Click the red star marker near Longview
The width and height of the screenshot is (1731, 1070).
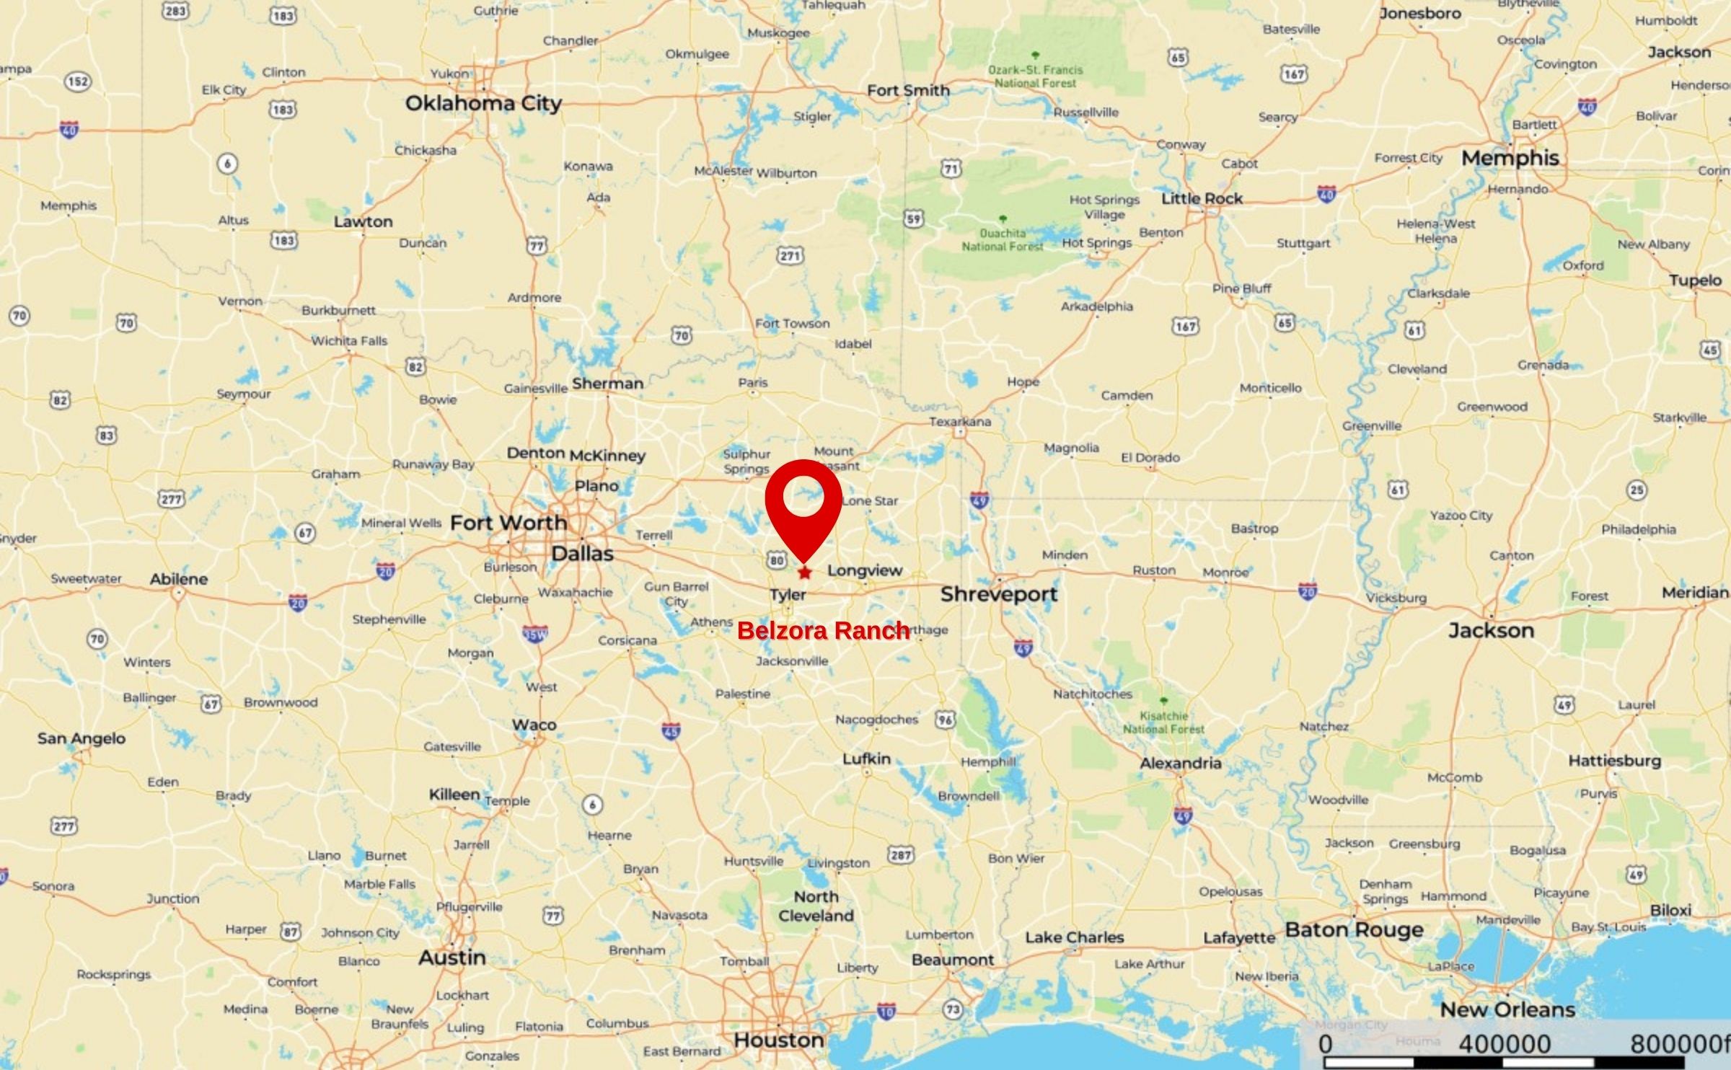click(804, 572)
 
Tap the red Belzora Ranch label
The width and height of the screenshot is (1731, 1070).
click(823, 631)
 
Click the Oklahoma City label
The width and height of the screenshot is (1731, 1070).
click(483, 103)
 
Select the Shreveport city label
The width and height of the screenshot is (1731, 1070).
click(998, 594)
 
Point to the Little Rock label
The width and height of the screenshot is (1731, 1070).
click(1202, 198)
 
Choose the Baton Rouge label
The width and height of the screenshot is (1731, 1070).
click(1354, 929)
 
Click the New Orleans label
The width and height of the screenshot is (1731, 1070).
click(1507, 1009)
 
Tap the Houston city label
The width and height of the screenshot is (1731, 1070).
click(779, 1040)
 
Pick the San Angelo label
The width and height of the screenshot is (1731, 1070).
click(82, 738)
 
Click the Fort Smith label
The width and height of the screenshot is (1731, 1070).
click(908, 90)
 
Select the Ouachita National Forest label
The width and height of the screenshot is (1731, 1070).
click(1003, 239)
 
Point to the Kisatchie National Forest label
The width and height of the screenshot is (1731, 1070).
click(1163, 722)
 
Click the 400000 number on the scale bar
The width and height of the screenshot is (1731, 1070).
click(1504, 1044)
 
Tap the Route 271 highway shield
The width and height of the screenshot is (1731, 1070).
click(790, 255)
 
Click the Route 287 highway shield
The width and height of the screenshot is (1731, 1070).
click(900, 854)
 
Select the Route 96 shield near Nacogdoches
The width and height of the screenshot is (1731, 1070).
click(945, 719)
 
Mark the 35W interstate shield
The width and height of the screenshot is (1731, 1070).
click(534, 635)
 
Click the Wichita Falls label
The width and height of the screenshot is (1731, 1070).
click(349, 340)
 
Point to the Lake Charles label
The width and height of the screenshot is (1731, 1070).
click(1075, 937)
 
